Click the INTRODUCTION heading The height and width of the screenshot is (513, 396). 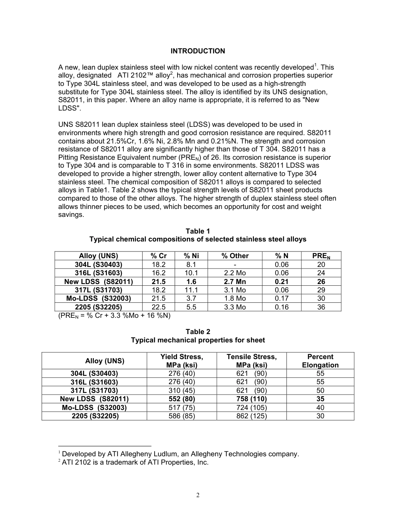tap(198, 51)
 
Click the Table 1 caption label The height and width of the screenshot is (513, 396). tap(198, 231)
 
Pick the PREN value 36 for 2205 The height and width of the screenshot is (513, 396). tap(321, 307)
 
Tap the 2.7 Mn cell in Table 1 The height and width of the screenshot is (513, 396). tap(235, 282)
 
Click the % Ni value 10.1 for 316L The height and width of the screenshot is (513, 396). tap(191, 273)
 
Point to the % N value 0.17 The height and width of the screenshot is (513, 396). tap(282, 299)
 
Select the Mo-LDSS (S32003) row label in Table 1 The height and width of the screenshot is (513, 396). tap(98, 299)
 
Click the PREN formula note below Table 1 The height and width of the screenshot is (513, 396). tap(114, 315)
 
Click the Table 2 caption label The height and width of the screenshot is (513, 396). tap(198, 332)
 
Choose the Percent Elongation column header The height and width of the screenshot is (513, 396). tap(320, 361)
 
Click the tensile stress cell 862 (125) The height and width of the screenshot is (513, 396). tap(251, 416)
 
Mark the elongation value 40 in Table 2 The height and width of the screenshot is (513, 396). tap(320, 407)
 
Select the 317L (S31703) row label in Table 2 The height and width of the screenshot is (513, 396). tap(94, 390)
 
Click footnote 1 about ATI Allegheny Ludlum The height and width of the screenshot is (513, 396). tap(180, 454)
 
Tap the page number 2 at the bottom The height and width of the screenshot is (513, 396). tap(198, 495)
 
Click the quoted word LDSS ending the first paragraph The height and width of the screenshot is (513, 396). tap(68, 108)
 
